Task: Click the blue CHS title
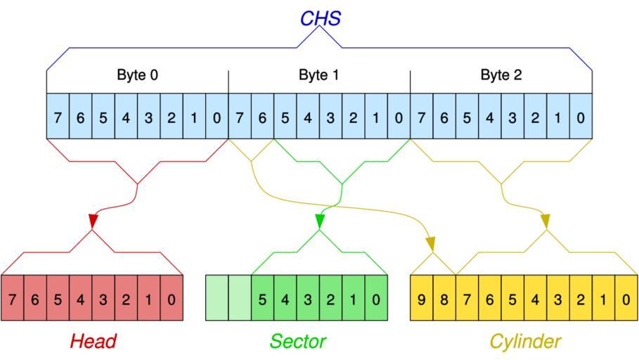320,18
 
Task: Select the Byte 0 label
137,75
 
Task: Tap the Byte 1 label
319,75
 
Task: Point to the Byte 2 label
501,75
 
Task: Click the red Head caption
92,342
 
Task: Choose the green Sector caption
297,342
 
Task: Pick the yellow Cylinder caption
525,342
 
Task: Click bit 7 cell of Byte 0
58,116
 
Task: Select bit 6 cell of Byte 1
262,116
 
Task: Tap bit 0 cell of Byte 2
581,116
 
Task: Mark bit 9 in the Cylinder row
421,299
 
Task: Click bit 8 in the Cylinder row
444,299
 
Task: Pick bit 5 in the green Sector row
262,299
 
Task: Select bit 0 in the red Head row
172,299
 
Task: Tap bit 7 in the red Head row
13,299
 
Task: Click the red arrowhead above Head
92,221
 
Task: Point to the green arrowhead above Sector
320,221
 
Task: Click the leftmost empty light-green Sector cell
217,299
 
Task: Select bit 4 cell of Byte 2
489,116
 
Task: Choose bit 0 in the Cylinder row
626,299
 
